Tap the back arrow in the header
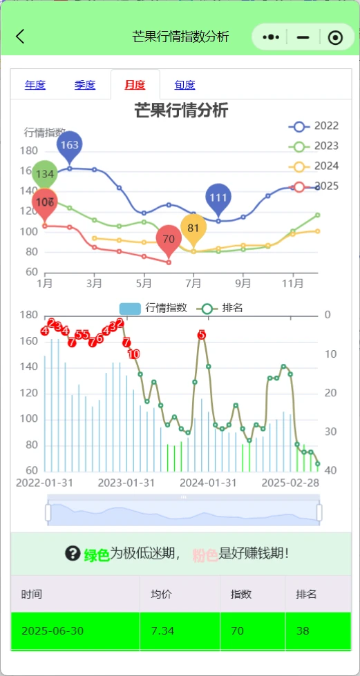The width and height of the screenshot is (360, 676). pos(20,37)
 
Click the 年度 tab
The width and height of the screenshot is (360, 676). pos(35,85)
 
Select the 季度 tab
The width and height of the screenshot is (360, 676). pos(85,85)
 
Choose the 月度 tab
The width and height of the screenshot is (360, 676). pos(135,85)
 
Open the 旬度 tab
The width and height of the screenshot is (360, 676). pos(184,85)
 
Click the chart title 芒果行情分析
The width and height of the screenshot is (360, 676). pos(180,110)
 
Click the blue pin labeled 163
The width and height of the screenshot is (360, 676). pos(69,145)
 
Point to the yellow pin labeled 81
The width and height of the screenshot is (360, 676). pos(193,228)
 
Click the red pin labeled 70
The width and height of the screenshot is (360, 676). pos(169,239)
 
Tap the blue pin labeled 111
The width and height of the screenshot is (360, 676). pos(218,197)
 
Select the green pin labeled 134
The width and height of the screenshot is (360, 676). pos(45,174)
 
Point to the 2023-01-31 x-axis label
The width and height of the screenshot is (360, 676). pos(126,482)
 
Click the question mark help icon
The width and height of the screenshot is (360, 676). pos(73,553)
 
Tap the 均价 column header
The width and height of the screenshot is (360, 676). pos(161,593)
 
